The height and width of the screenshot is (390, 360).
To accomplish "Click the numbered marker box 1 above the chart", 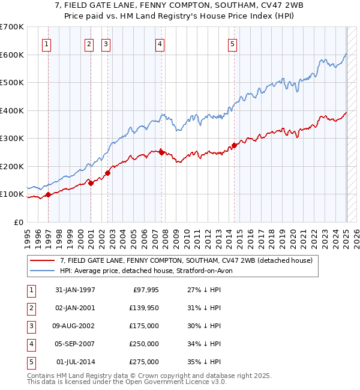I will click(47, 43).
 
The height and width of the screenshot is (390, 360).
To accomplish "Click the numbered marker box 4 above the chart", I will click(160, 43).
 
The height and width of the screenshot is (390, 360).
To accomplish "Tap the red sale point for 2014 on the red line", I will click(235, 146).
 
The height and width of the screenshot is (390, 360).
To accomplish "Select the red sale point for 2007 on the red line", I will click(161, 152).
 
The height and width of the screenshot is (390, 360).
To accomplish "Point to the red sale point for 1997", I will click(48, 194).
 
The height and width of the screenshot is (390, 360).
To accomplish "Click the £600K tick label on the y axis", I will click(12, 55).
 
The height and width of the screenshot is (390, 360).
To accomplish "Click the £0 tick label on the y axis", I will click(19, 222).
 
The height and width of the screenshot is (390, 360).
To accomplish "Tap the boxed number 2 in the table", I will click(30, 308).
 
